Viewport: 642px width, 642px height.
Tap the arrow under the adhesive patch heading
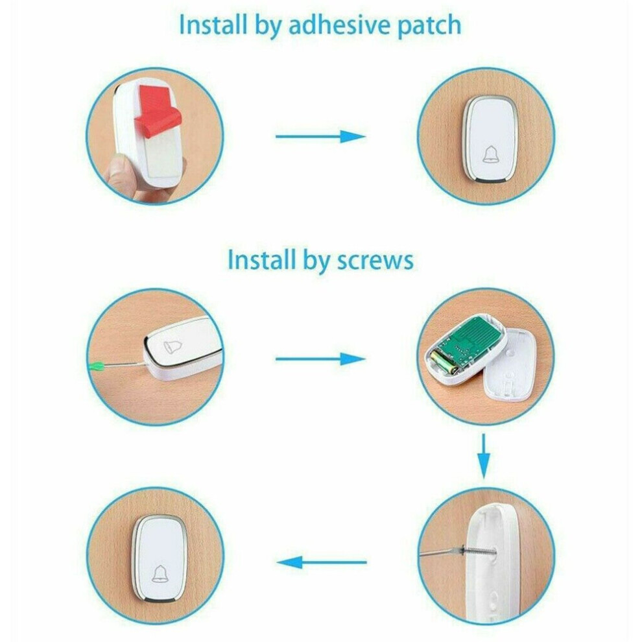pyautogui.click(x=320, y=136)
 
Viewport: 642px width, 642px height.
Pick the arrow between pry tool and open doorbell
pyautogui.click(x=320, y=359)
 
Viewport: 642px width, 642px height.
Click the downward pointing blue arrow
pyautogui.click(x=484, y=457)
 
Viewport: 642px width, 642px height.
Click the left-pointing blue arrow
pyautogui.click(x=322, y=562)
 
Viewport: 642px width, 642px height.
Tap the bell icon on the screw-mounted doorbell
pyautogui.click(x=160, y=573)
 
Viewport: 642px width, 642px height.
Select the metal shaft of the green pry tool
pyautogui.click(x=123, y=364)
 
